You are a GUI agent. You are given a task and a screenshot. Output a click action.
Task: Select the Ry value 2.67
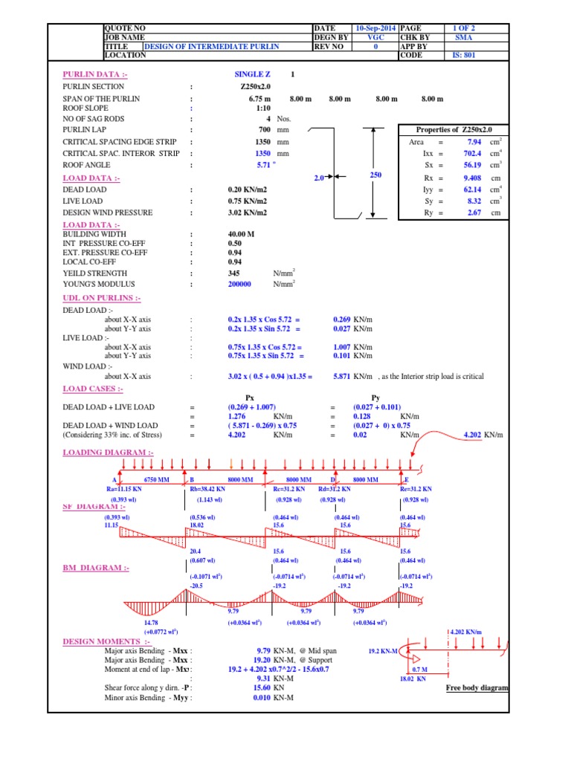click(x=474, y=213)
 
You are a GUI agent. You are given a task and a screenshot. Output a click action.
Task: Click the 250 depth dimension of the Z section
click(x=375, y=175)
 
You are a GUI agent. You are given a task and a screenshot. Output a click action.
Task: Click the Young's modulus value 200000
click(x=239, y=284)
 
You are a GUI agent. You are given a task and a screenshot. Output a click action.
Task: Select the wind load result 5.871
click(x=345, y=376)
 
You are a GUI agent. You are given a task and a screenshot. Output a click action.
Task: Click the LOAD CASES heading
click(x=93, y=389)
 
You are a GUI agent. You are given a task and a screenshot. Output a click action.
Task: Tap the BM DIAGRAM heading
click(x=95, y=568)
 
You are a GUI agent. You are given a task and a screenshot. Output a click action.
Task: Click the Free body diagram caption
click(x=477, y=688)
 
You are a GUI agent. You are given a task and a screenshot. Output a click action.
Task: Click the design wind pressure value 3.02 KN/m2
click(x=247, y=213)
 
